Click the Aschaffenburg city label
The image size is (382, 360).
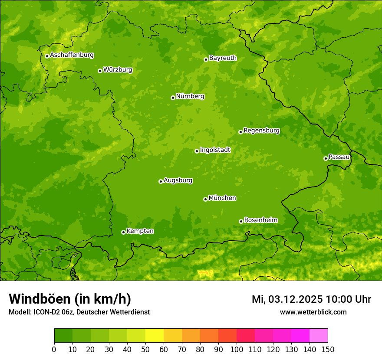click(72, 55)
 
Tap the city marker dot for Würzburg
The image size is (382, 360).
click(100, 71)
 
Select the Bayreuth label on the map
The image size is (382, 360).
click(223, 58)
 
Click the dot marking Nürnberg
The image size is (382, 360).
click(173, 98)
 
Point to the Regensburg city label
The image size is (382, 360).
click(261, 131)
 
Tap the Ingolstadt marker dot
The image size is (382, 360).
click(197, 151)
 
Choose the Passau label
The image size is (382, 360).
click(339, 157)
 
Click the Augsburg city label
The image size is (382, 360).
click(178, 180)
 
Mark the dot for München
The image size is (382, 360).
click(205, 199)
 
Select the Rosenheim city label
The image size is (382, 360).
click(260, 220)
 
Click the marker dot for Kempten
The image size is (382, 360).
click(123, 232)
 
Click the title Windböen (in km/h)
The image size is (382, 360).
click(69, 299)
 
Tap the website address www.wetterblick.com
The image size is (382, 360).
click(313, 312)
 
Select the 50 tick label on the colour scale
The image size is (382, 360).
click(145, 349)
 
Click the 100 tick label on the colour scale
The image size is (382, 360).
click(237, 349)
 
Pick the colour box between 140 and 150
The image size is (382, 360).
click(319, 336)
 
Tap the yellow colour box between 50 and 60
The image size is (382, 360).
click(155, 336)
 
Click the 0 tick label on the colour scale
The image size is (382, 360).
click(54, 349)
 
